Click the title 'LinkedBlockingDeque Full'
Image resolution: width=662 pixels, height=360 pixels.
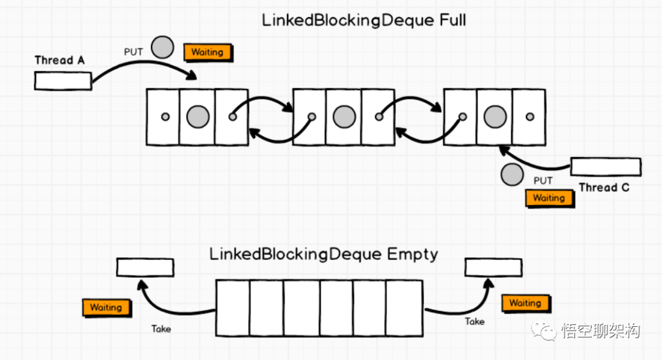click(363, 20)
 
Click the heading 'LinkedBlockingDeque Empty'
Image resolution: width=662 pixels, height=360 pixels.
click(324, 254)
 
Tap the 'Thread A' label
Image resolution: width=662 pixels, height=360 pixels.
click(59, 60)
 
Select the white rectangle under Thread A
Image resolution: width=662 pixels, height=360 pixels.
click(63, 80)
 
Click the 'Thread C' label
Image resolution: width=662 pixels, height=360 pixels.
click(604, 188)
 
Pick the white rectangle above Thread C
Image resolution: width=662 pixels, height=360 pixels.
click(606, 167)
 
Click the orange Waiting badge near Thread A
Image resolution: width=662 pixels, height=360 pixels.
click(207, 52)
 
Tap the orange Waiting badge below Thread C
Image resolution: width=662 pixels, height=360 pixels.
click(549, 198)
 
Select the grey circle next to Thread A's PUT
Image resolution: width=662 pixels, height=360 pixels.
click(162, 47)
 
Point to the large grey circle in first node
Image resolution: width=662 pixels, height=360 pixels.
click(197, 117)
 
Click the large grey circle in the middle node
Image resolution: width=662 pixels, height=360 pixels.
click(344, 117)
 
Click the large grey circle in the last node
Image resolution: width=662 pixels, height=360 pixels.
click(494, 117)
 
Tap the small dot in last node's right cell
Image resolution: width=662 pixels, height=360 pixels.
click(529, 117)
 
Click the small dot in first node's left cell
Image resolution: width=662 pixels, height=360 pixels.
click(164, 117)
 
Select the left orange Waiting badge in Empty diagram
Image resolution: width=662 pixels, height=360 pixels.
click(106, 307)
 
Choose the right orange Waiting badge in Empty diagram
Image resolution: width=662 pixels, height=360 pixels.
click(525, 303)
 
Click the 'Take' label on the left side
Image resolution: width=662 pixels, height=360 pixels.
click(161, 329)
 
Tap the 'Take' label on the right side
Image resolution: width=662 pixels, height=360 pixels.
click(474, 321)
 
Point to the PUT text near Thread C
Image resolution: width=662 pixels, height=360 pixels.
click(542, 180)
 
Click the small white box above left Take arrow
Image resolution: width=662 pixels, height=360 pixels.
click(145, 267)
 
